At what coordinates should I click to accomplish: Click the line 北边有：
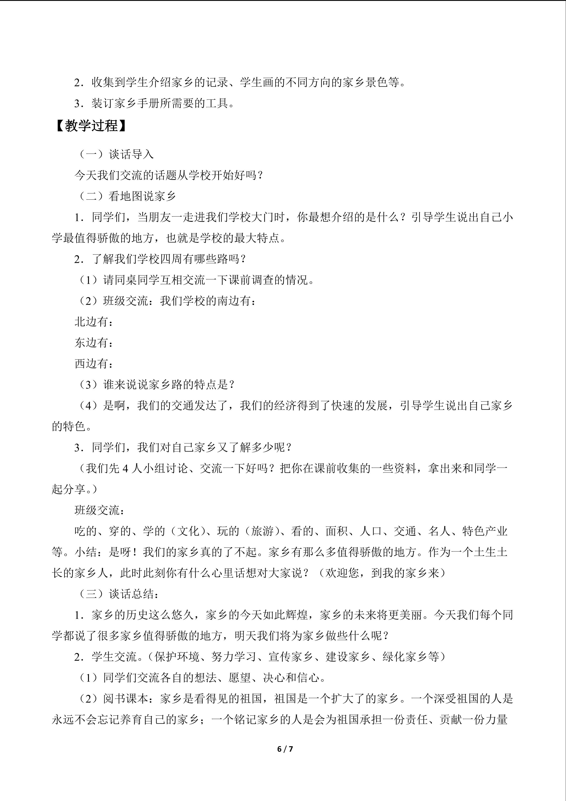(94, 322)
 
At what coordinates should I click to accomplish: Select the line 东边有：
(94, 343)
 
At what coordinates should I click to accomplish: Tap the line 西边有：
(94, 364)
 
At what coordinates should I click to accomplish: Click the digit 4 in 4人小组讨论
(126, 468)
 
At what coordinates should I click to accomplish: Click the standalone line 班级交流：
(100, 510)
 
